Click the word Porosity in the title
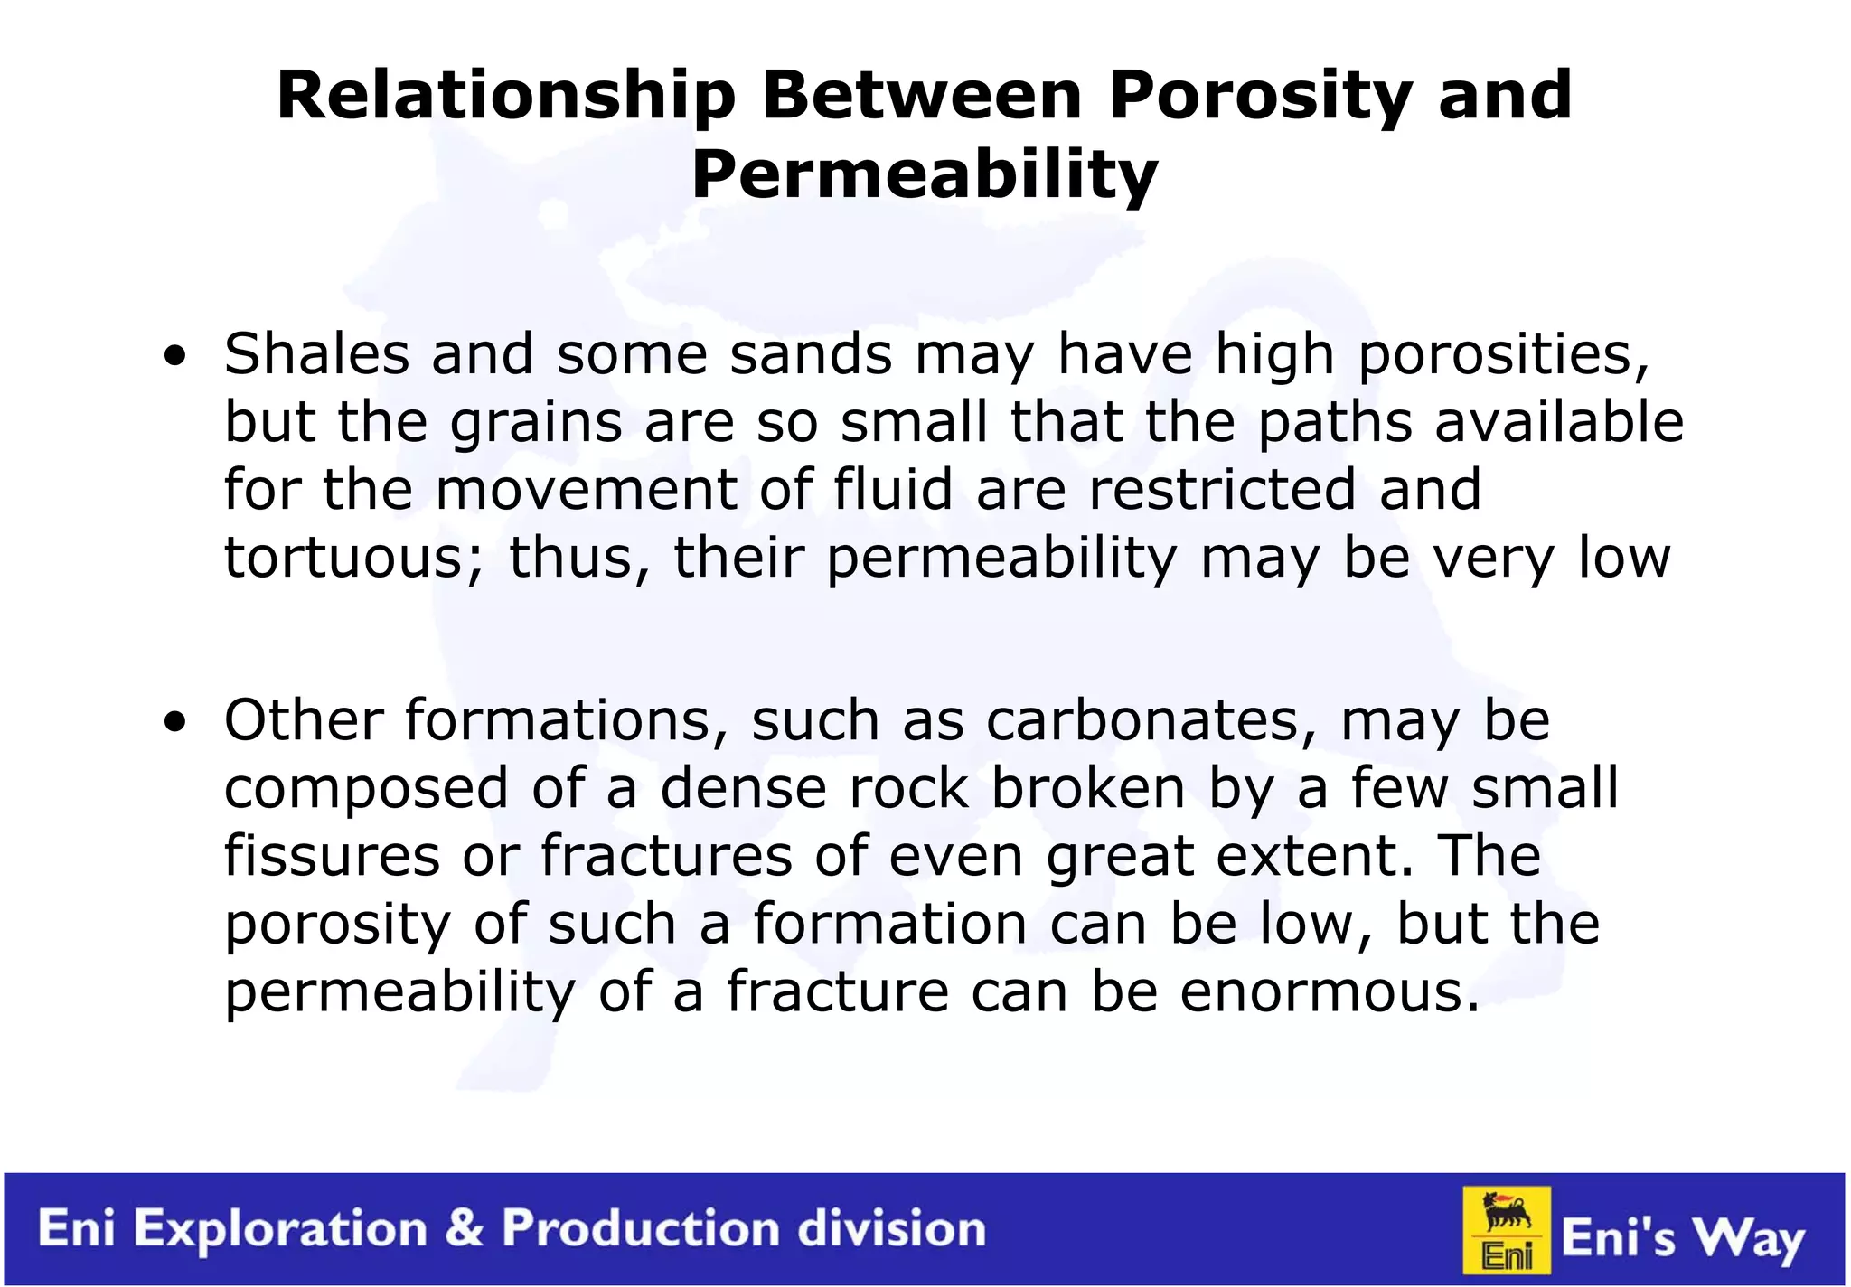tap(1260, 97)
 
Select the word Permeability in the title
tap(924, 174)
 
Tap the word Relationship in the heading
tap(505, 97)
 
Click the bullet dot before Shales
tap(175, 356)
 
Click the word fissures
tap(332, 856)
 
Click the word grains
tap(536, 422)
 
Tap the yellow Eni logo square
tap(1507, 1230)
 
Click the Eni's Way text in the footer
tap(1683, 1238)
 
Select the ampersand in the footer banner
tap(465, 1228)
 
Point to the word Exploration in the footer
tap(280, 1230)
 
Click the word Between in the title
tap(922, 97)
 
